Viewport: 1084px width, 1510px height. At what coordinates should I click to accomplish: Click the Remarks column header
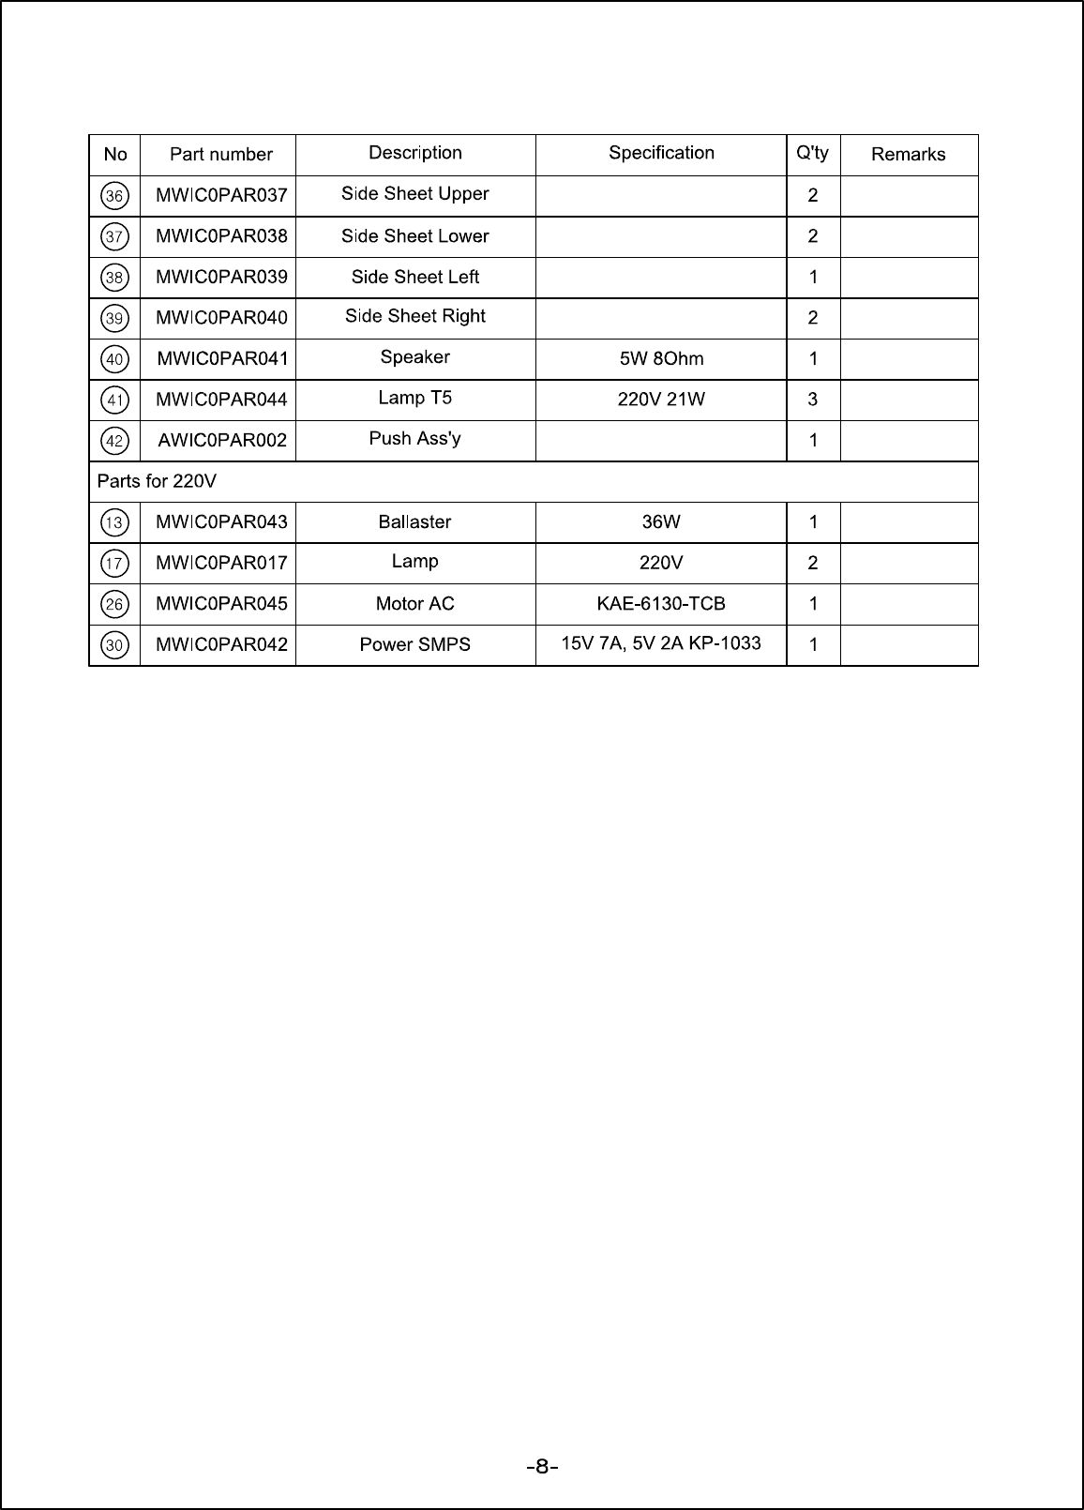[908, 155]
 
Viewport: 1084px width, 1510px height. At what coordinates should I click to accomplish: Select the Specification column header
[661, 153]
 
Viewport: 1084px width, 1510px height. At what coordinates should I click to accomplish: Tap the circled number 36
[114, 196]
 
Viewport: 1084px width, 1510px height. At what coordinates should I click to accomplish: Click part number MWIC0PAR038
[221, 236]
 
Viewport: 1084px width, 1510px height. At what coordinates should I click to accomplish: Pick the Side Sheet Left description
[414, 277]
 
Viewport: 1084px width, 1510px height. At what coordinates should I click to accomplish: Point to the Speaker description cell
[414, 357]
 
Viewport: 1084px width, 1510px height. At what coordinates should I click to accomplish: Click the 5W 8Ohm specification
[661, 358]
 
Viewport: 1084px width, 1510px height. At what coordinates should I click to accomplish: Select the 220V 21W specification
[661, 400]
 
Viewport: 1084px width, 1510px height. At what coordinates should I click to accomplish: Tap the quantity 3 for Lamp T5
[812, 400]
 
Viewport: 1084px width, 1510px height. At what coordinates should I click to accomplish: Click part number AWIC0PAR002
[222, 440]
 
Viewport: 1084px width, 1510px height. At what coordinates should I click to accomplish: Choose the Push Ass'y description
[414, 439]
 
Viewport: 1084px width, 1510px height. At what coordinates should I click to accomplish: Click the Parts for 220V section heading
[157, 481]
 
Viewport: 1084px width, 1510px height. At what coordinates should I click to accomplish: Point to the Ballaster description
[414, 522]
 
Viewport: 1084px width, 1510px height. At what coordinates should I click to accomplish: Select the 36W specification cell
[661, 522]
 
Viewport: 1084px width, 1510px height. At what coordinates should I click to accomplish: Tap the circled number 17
[114, 564]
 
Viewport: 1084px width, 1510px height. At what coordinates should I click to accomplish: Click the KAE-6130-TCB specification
[661, 604]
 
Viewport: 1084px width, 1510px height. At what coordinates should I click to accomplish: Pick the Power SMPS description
[414, 644]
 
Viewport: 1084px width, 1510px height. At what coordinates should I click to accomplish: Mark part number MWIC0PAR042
[221, 644]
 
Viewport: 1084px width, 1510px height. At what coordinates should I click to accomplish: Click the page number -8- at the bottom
[542, 1467]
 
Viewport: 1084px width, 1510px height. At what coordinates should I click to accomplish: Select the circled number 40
[114, 359]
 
